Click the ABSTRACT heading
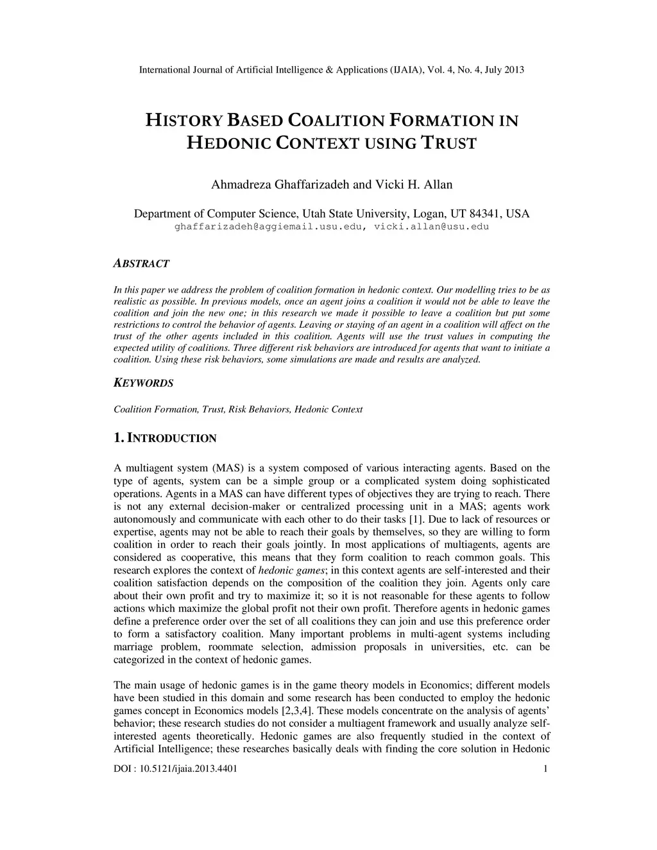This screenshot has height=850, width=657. [141, 264]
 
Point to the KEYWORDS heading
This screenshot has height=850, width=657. [143, 383]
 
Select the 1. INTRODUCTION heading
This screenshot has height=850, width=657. [165, 439]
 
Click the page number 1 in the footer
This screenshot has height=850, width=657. [545, 769]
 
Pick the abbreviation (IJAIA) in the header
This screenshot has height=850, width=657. [407, 69]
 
